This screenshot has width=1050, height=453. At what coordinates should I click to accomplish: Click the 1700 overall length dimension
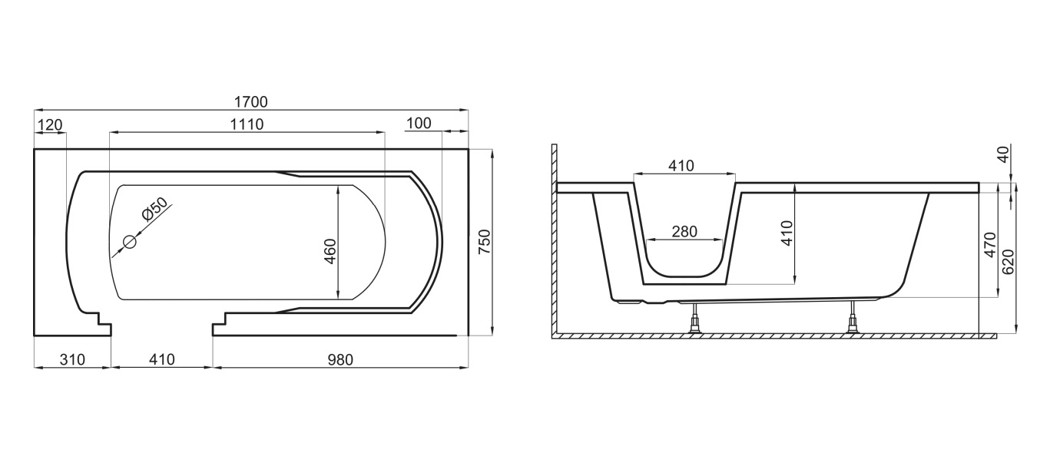click(x=250, y=101)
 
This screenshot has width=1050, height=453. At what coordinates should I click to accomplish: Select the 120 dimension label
click(x=50, y=124)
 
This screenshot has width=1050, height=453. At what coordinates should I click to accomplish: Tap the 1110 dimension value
click(x=247, y=124)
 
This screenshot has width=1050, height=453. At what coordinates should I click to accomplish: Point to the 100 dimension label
click(x=419, y=123)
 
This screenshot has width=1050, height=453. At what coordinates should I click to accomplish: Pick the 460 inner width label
click(x=330, y=252)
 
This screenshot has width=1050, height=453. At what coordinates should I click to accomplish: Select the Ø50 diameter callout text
click(x=154, y=209)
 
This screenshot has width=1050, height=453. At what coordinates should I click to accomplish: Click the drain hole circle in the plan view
click(x=129, y=242)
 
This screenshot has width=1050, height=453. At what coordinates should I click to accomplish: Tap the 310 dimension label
click(x=73, y=359)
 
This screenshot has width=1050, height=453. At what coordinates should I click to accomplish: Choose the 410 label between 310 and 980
click(x=162, y=359)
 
